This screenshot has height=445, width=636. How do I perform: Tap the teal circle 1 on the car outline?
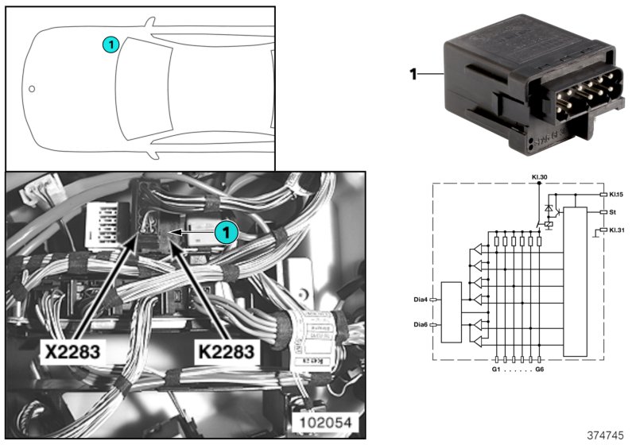point(111,44)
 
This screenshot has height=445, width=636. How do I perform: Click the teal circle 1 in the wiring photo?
point(227,232)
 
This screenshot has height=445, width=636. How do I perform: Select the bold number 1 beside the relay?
point(413,75)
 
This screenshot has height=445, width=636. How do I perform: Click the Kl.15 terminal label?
point(617,194)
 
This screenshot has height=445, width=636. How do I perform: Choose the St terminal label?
point(612,212)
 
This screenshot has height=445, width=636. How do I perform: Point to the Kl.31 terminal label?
point(617,230)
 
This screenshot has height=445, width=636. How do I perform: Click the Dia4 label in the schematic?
point(421,300)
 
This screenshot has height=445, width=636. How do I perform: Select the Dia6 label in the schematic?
point(421,324)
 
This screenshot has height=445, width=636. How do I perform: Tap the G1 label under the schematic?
point(494,370)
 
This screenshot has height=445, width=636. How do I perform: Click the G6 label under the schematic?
point(541,370)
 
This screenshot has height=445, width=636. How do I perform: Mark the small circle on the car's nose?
point(32,89)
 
